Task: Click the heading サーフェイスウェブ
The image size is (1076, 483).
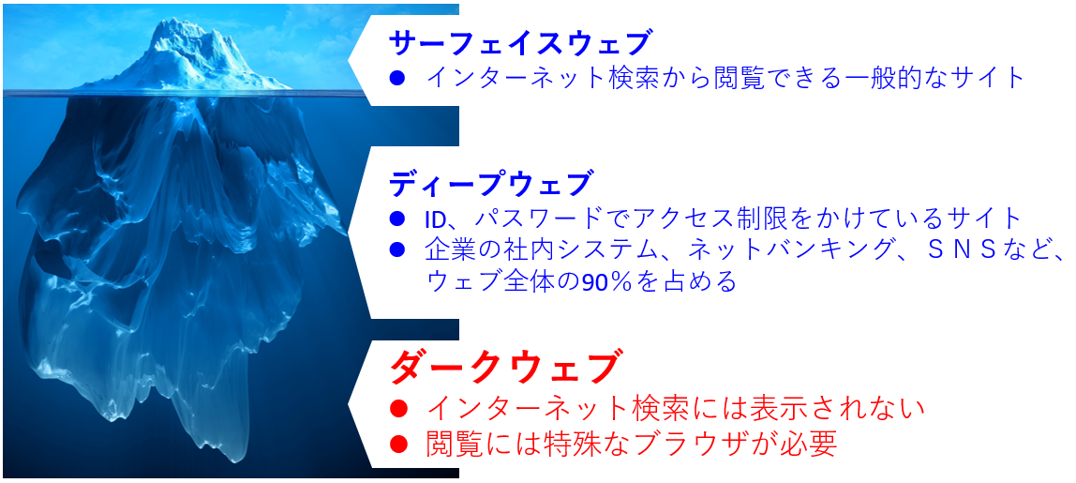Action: (x=518, y=44)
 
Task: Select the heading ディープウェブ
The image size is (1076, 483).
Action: (x=489, y=185)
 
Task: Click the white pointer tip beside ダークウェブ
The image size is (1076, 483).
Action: (x=350, y=404)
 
